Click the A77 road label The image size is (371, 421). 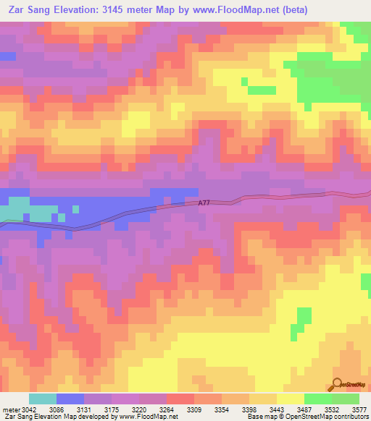(205, 204)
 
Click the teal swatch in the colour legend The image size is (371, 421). (43, 399)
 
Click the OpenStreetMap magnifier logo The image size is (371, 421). (338, 384)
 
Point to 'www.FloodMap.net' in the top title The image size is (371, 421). (231, 10)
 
